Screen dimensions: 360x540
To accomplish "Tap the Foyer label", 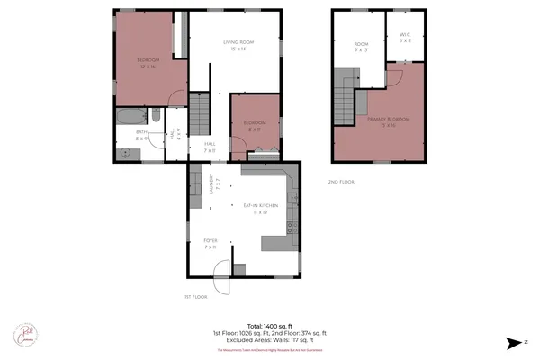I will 211,241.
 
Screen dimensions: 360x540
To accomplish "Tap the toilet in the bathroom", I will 155,114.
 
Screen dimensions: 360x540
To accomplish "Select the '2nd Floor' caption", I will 340,182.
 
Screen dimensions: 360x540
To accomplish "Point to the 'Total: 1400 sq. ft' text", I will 269,326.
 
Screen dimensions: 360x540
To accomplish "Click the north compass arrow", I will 512,342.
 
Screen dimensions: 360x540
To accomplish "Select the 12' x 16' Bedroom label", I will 148,62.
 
